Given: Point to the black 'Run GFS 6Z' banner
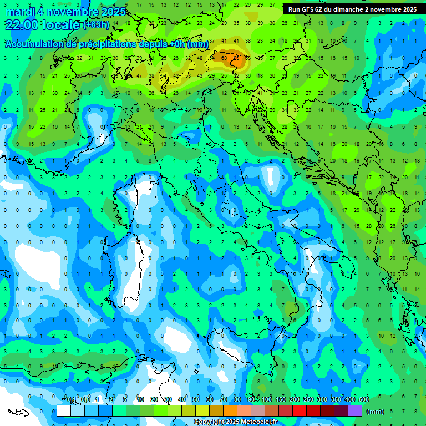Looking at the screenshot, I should [x=353, y=9].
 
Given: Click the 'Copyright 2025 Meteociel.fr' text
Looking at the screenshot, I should [x=235, y=422].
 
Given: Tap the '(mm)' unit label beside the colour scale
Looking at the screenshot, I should [x=376, y=411].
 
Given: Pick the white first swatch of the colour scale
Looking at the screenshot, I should [x=64, y=411].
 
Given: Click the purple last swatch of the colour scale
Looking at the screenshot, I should [x=355, y=411].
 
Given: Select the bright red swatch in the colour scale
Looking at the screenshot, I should [x=300, y=411].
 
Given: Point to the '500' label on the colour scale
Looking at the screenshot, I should [x=363, y=399].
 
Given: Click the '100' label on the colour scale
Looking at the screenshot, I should [x=267, y=399].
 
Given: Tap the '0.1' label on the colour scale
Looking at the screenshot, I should [x=72, y=399].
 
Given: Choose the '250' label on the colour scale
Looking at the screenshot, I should [x=308, y=399].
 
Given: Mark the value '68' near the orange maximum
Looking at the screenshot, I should [x=225, y=57].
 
